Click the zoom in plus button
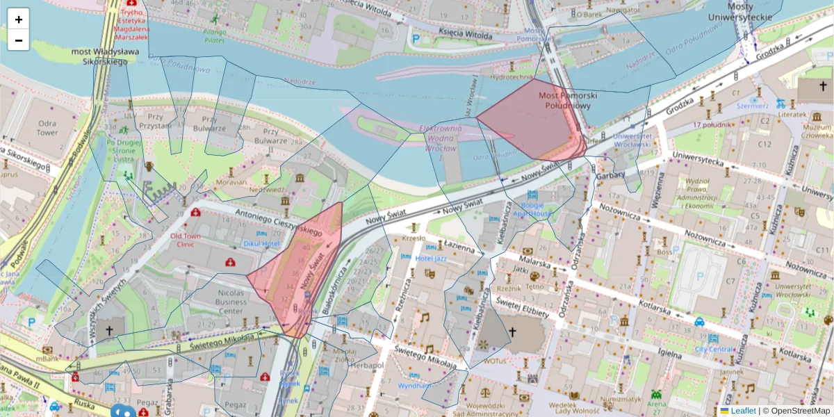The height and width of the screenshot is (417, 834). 19,19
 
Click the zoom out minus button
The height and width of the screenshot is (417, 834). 19,40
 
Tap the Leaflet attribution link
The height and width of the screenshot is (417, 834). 742,411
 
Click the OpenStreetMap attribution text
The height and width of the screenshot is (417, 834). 796,411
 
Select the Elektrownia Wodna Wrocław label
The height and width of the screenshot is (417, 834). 437,138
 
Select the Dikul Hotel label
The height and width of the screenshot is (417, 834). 261,244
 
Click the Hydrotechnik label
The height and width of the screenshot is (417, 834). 511,77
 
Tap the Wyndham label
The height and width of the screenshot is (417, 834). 414,385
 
